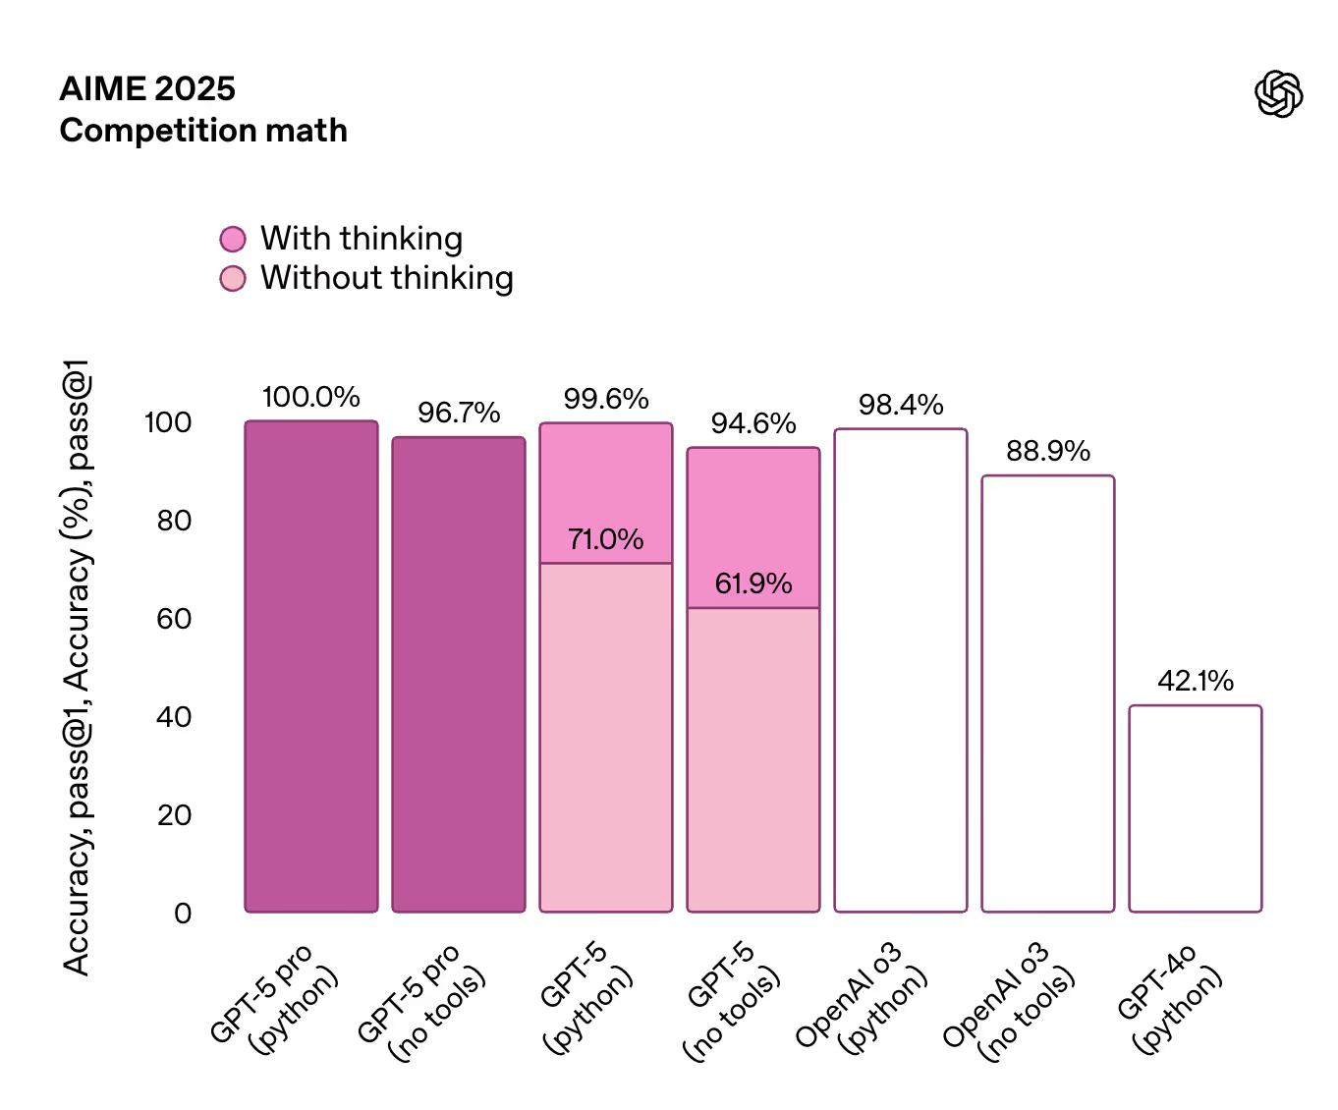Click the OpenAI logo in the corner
pyautogui.click(x=1279, y=94)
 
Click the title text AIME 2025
pyautogui.click(x=147, y=88)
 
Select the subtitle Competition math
pyautogui.click(x=203, y=130)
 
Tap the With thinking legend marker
pyautogui.click(x=233, y=239)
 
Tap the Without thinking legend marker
pyautogui.click(x=233, y=279)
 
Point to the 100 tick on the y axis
pyautogui.click(x=168, y=422)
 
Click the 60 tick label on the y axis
pyautogui.click(x=174, y=619)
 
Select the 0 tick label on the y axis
pyautogui.click(x=183, y=914)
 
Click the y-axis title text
pyautogui.click(x=77, y=668)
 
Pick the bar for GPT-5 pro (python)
pyautogui.click(x=311, y=668)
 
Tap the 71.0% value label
pyautogui.click(x=606, y=539)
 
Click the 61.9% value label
pyautogui.click(x=753, y=583)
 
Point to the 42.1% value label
pyautogui.click(x=1196, y=681)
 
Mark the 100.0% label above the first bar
pyautogui.click(x=311, y=397)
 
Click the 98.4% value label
pyautogui.click(x=901, y=405)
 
